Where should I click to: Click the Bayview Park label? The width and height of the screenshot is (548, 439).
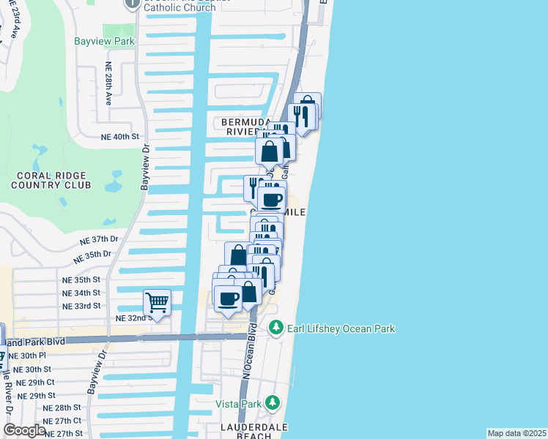[x=104, y=42]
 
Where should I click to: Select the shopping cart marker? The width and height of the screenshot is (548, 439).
[x=157, y=301]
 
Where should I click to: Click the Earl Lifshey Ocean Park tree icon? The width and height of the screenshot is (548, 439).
[x=275, y=328]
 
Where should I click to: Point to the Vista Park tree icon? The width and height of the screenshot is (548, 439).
[x=273, y=402]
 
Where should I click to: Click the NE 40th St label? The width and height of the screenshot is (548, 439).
[x=119, y=137]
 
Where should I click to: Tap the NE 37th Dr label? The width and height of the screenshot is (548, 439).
[x=99, y=240]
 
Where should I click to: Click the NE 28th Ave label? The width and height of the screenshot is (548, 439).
[x=108, y=83]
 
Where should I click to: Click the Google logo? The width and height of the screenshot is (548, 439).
[x=24, y=430]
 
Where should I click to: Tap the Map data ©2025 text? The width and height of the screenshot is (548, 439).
[x=516, y=433]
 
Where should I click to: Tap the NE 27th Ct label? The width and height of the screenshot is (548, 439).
[x=62, y=421]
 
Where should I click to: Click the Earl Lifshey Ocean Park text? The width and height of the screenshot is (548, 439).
[x=341, y=329]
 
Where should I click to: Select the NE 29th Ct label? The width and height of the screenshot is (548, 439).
[x=36, y=383]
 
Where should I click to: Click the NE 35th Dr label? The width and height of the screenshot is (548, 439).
[x=92, y=257]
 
